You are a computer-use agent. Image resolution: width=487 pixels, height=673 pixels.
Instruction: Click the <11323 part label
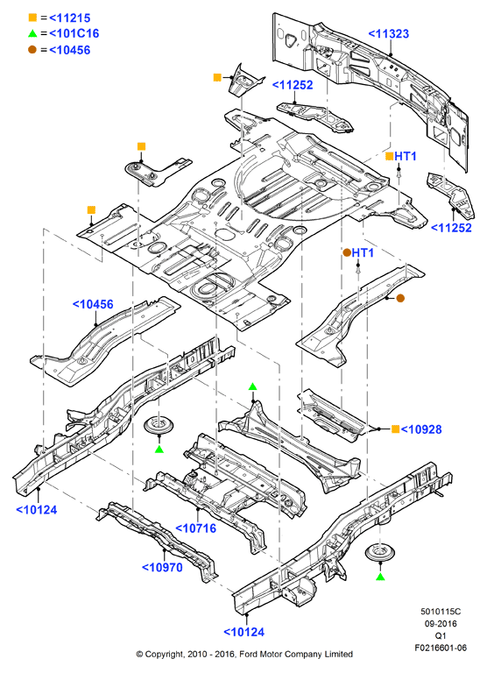(x=389, y=34)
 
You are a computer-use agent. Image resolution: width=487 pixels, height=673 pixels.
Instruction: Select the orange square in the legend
(x=32, y=18)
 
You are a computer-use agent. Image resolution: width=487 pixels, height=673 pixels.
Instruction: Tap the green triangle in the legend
(x=32, y=33)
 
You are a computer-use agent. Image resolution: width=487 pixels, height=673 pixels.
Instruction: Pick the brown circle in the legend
(x=32, y=49)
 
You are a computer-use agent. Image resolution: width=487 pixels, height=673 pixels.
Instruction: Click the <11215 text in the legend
(x=70, y=18)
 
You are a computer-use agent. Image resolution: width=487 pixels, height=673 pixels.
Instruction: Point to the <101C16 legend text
(x=74, y=33)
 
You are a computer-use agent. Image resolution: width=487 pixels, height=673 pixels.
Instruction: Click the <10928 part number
(x=421, y=429)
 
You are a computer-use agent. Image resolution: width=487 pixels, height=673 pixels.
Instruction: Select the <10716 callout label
(x=196, y=528)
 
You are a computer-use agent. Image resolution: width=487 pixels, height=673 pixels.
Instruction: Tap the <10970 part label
(x=162, y=568)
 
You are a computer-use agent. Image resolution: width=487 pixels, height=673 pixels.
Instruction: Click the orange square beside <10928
(x=396, y=429)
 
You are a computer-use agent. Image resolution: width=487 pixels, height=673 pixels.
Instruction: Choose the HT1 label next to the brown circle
(x=363, y=252)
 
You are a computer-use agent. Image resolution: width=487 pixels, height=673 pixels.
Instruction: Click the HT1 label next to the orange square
(x=406, y=156)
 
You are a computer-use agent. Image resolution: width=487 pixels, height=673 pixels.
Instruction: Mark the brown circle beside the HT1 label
(x=347, y=252)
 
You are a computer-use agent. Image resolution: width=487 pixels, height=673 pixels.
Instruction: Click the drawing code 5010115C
(x=441, y=611)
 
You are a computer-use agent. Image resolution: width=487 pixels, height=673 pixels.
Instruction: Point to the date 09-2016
(x=441, y=624)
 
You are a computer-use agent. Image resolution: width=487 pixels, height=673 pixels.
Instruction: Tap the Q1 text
(x=441, y=635)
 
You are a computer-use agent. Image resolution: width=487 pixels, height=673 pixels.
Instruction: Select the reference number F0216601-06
(x=441, y=648)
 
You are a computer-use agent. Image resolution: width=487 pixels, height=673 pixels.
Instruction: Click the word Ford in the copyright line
(x=249, y=654)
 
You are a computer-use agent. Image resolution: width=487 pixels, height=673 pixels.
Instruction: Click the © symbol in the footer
(x=139, y=655)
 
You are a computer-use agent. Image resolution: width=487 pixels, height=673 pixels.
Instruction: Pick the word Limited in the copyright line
(x=339, y=654)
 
